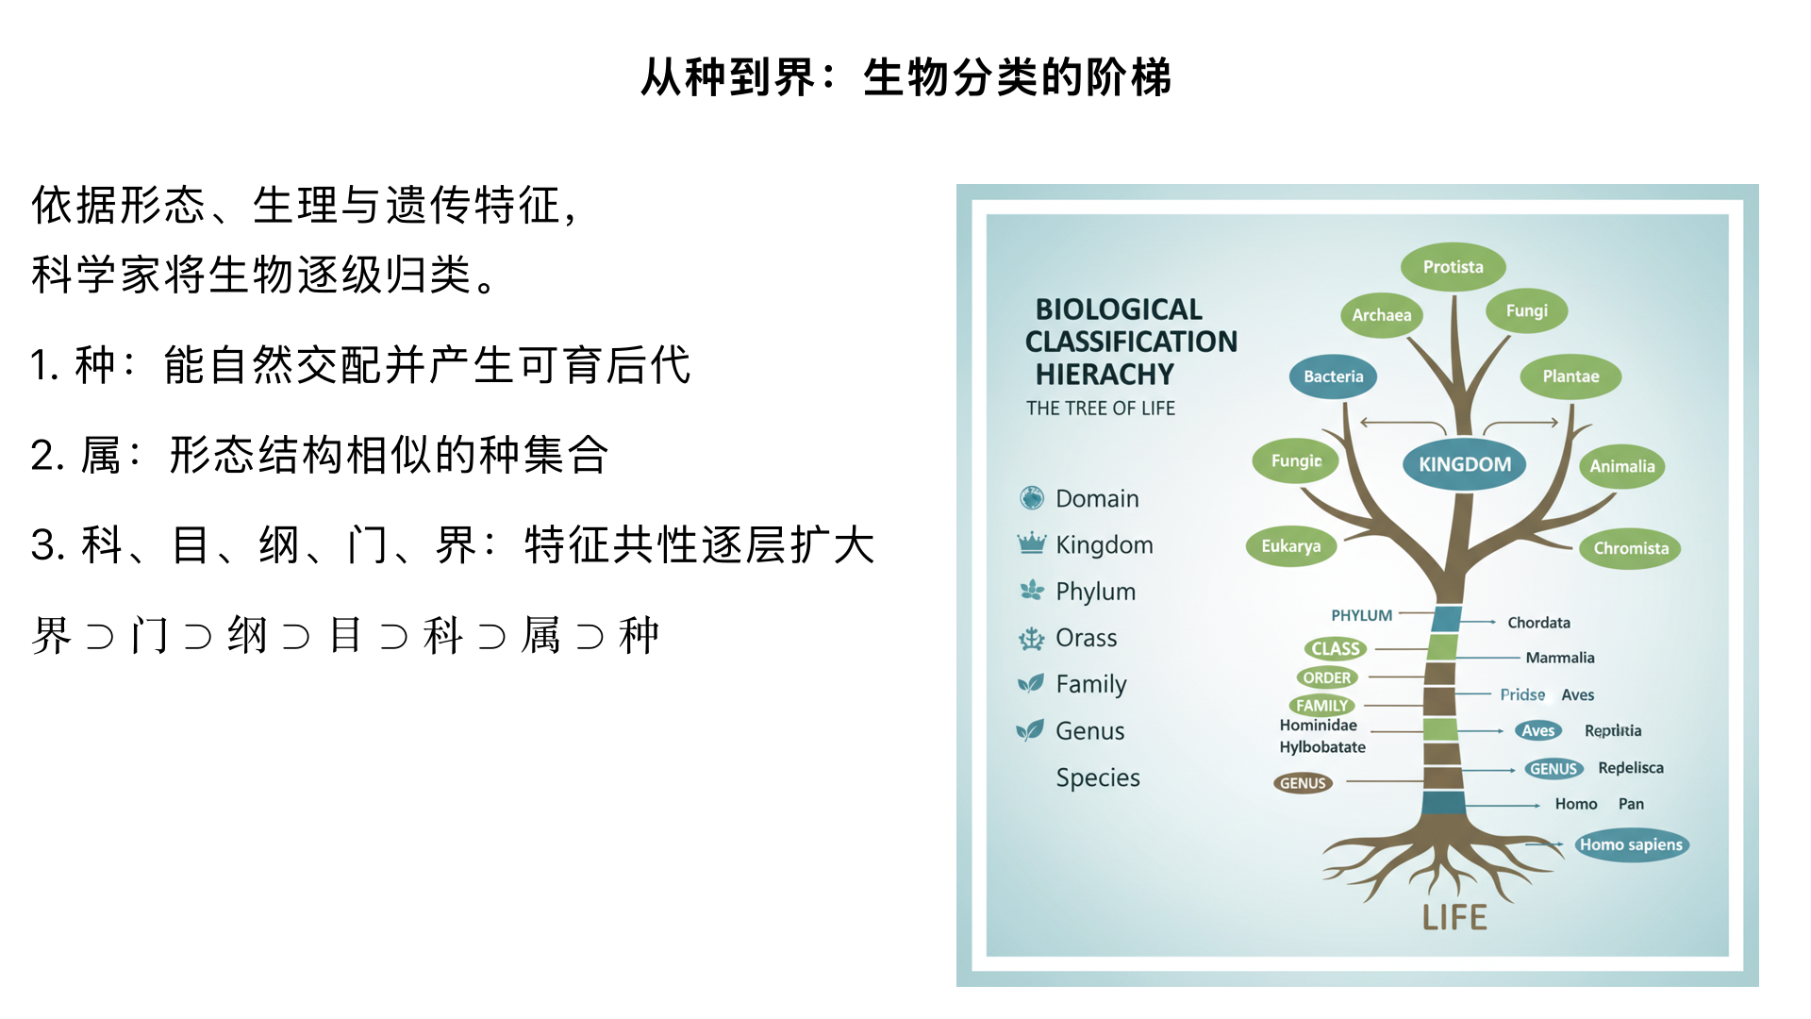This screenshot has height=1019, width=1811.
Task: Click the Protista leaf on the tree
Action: click(x=1453, y=267)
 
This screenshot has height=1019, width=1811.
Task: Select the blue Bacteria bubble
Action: click(x=1333, y=376)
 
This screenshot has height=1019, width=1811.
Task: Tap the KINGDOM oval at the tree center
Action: click(x=1464, y=464)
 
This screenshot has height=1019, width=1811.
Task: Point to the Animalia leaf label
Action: click(x=1621, y=466)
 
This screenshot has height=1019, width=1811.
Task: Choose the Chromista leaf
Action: click(x=1630, y=548)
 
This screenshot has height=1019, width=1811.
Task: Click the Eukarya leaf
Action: click(x=1290, y=546)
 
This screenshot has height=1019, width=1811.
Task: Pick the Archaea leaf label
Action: click(x=1381, y=315)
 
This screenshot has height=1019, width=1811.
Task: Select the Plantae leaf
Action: click(x=1570, y=376)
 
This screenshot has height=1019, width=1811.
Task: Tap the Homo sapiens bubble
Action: click(x=1631, y=844)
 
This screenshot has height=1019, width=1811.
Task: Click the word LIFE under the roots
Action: click(x=1454, y=917)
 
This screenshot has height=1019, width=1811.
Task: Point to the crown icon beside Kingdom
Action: click(x=1031, y=543)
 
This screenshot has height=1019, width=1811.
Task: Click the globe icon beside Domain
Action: click(x=1031, y=497)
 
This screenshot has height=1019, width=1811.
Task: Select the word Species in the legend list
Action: click(x=1098, y=777)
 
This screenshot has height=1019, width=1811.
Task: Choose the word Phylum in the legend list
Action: click(x=1095, y=592)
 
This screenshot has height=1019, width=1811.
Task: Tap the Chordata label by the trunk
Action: click(x=1538, y=623)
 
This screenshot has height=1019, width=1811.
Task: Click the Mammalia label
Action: click(x=1560, y=658)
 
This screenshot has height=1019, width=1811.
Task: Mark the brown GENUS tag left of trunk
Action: click(x=1303, y=783)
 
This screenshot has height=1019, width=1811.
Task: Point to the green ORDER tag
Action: click(x=1326, y=677)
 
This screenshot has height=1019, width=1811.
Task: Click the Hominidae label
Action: click(x=1318, y=726)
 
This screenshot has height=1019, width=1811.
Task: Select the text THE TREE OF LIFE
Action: click(x=1100, y=409)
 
